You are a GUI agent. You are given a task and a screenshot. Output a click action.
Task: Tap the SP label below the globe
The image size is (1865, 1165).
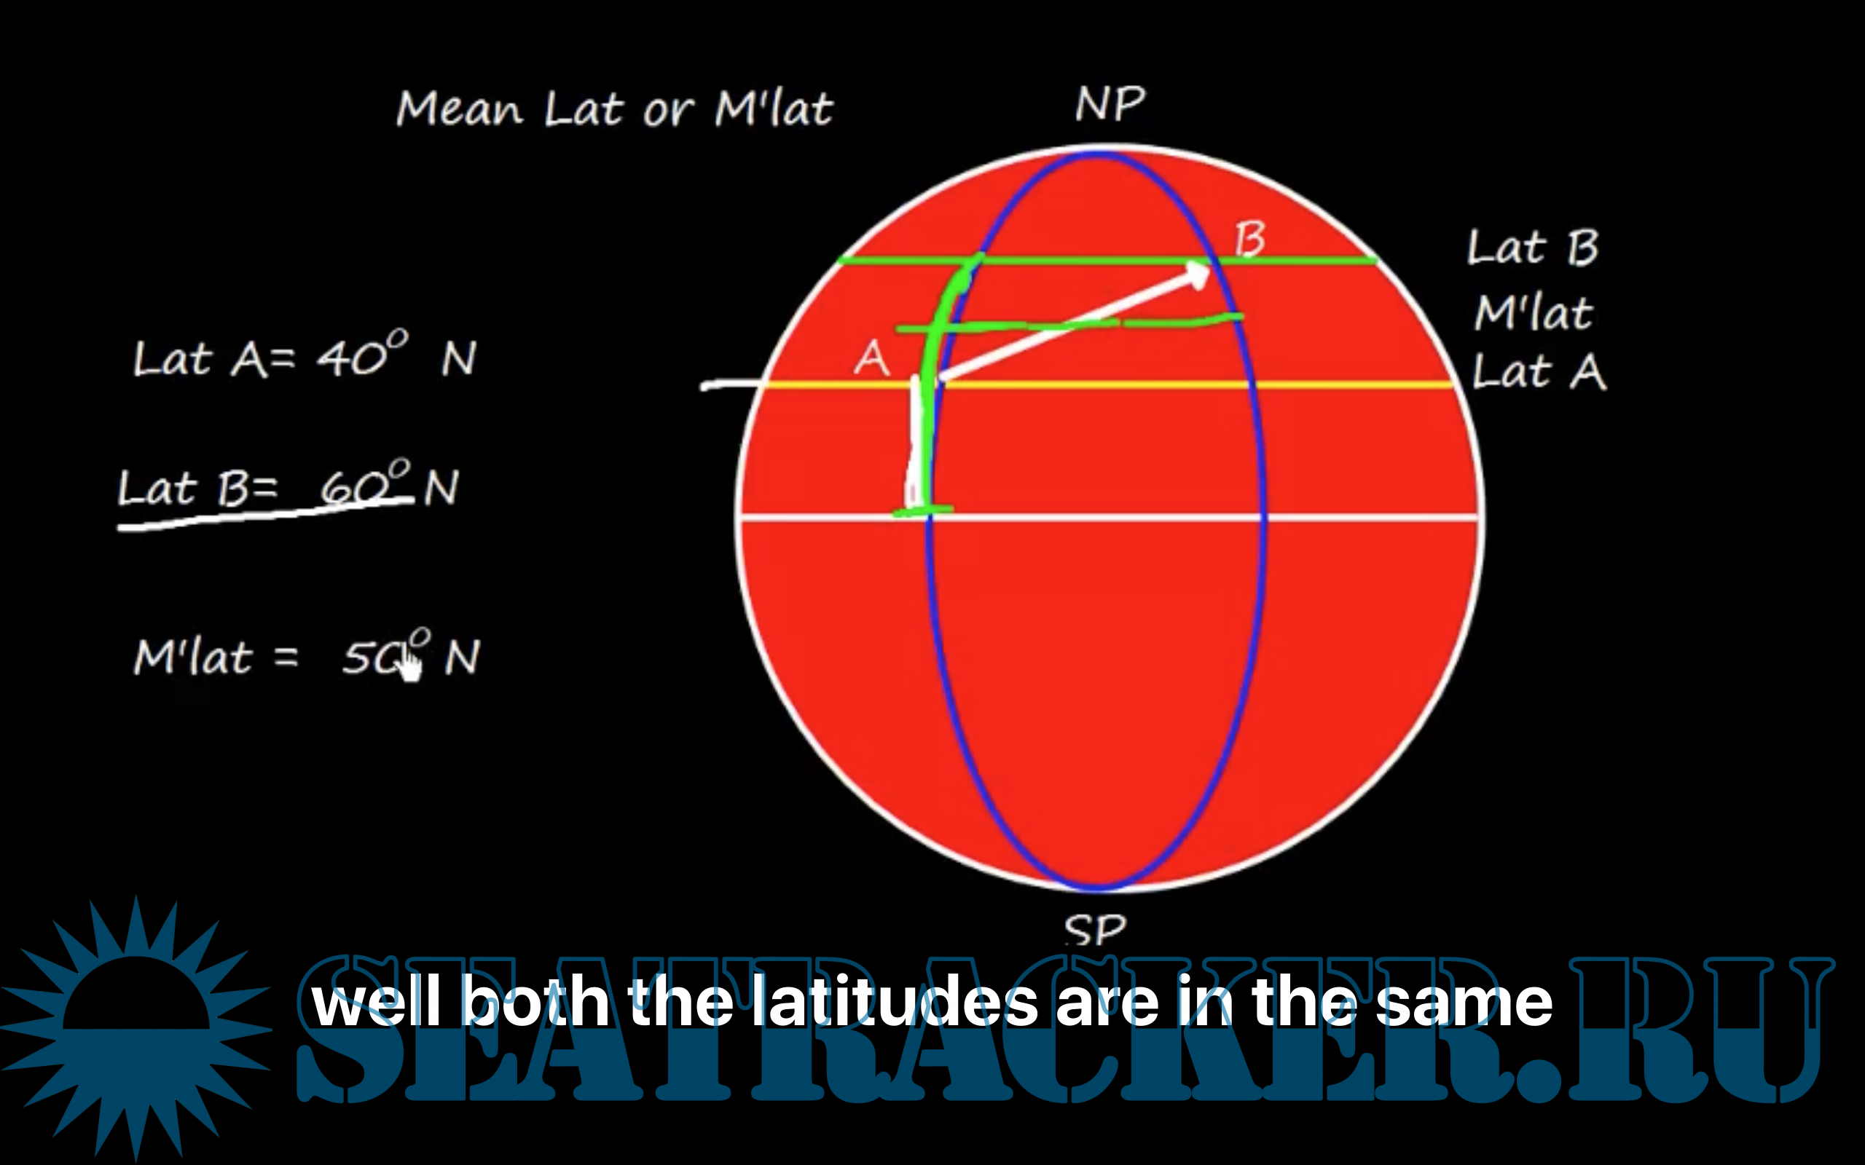pyautogui.click(x=1095, y=930)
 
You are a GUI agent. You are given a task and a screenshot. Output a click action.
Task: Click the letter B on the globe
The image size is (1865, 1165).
pyautogui.click(x=1249, y=239)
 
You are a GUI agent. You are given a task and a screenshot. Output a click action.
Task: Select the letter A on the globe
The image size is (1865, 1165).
pyautogui.click(x=871, y=358)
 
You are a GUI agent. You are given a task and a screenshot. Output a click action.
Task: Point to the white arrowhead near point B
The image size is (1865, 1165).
pyautogui.click(x=1196, y=275)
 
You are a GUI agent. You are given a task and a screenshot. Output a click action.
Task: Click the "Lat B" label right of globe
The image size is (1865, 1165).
pyautogui.click(x=1533, y=248)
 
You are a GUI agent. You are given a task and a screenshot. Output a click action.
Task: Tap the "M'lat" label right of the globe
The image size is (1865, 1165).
pyautogui.click(x=1534, y=313)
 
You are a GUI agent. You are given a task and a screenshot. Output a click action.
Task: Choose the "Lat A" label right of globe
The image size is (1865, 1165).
pyautogui.click(x=1539, y=371)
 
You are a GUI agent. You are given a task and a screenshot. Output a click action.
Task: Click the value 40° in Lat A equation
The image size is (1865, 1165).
pyautogui.click(x=363, y=354)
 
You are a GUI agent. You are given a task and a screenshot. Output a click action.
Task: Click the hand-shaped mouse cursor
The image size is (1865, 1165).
pyautogui.click(x=411, y=663)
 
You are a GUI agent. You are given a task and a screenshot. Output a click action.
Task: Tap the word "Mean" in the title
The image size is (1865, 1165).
pyautogui.click(x=460, y=108)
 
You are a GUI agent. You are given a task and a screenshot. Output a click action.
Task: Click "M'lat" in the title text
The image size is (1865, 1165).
pyautogui.click(x=774, y=108)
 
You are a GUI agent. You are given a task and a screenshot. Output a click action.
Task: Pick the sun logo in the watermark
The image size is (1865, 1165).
pyautogui.click(x=136, y=1029)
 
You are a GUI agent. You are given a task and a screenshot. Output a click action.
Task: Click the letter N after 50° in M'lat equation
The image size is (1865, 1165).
pyautogui.click(x=463, y=657)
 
